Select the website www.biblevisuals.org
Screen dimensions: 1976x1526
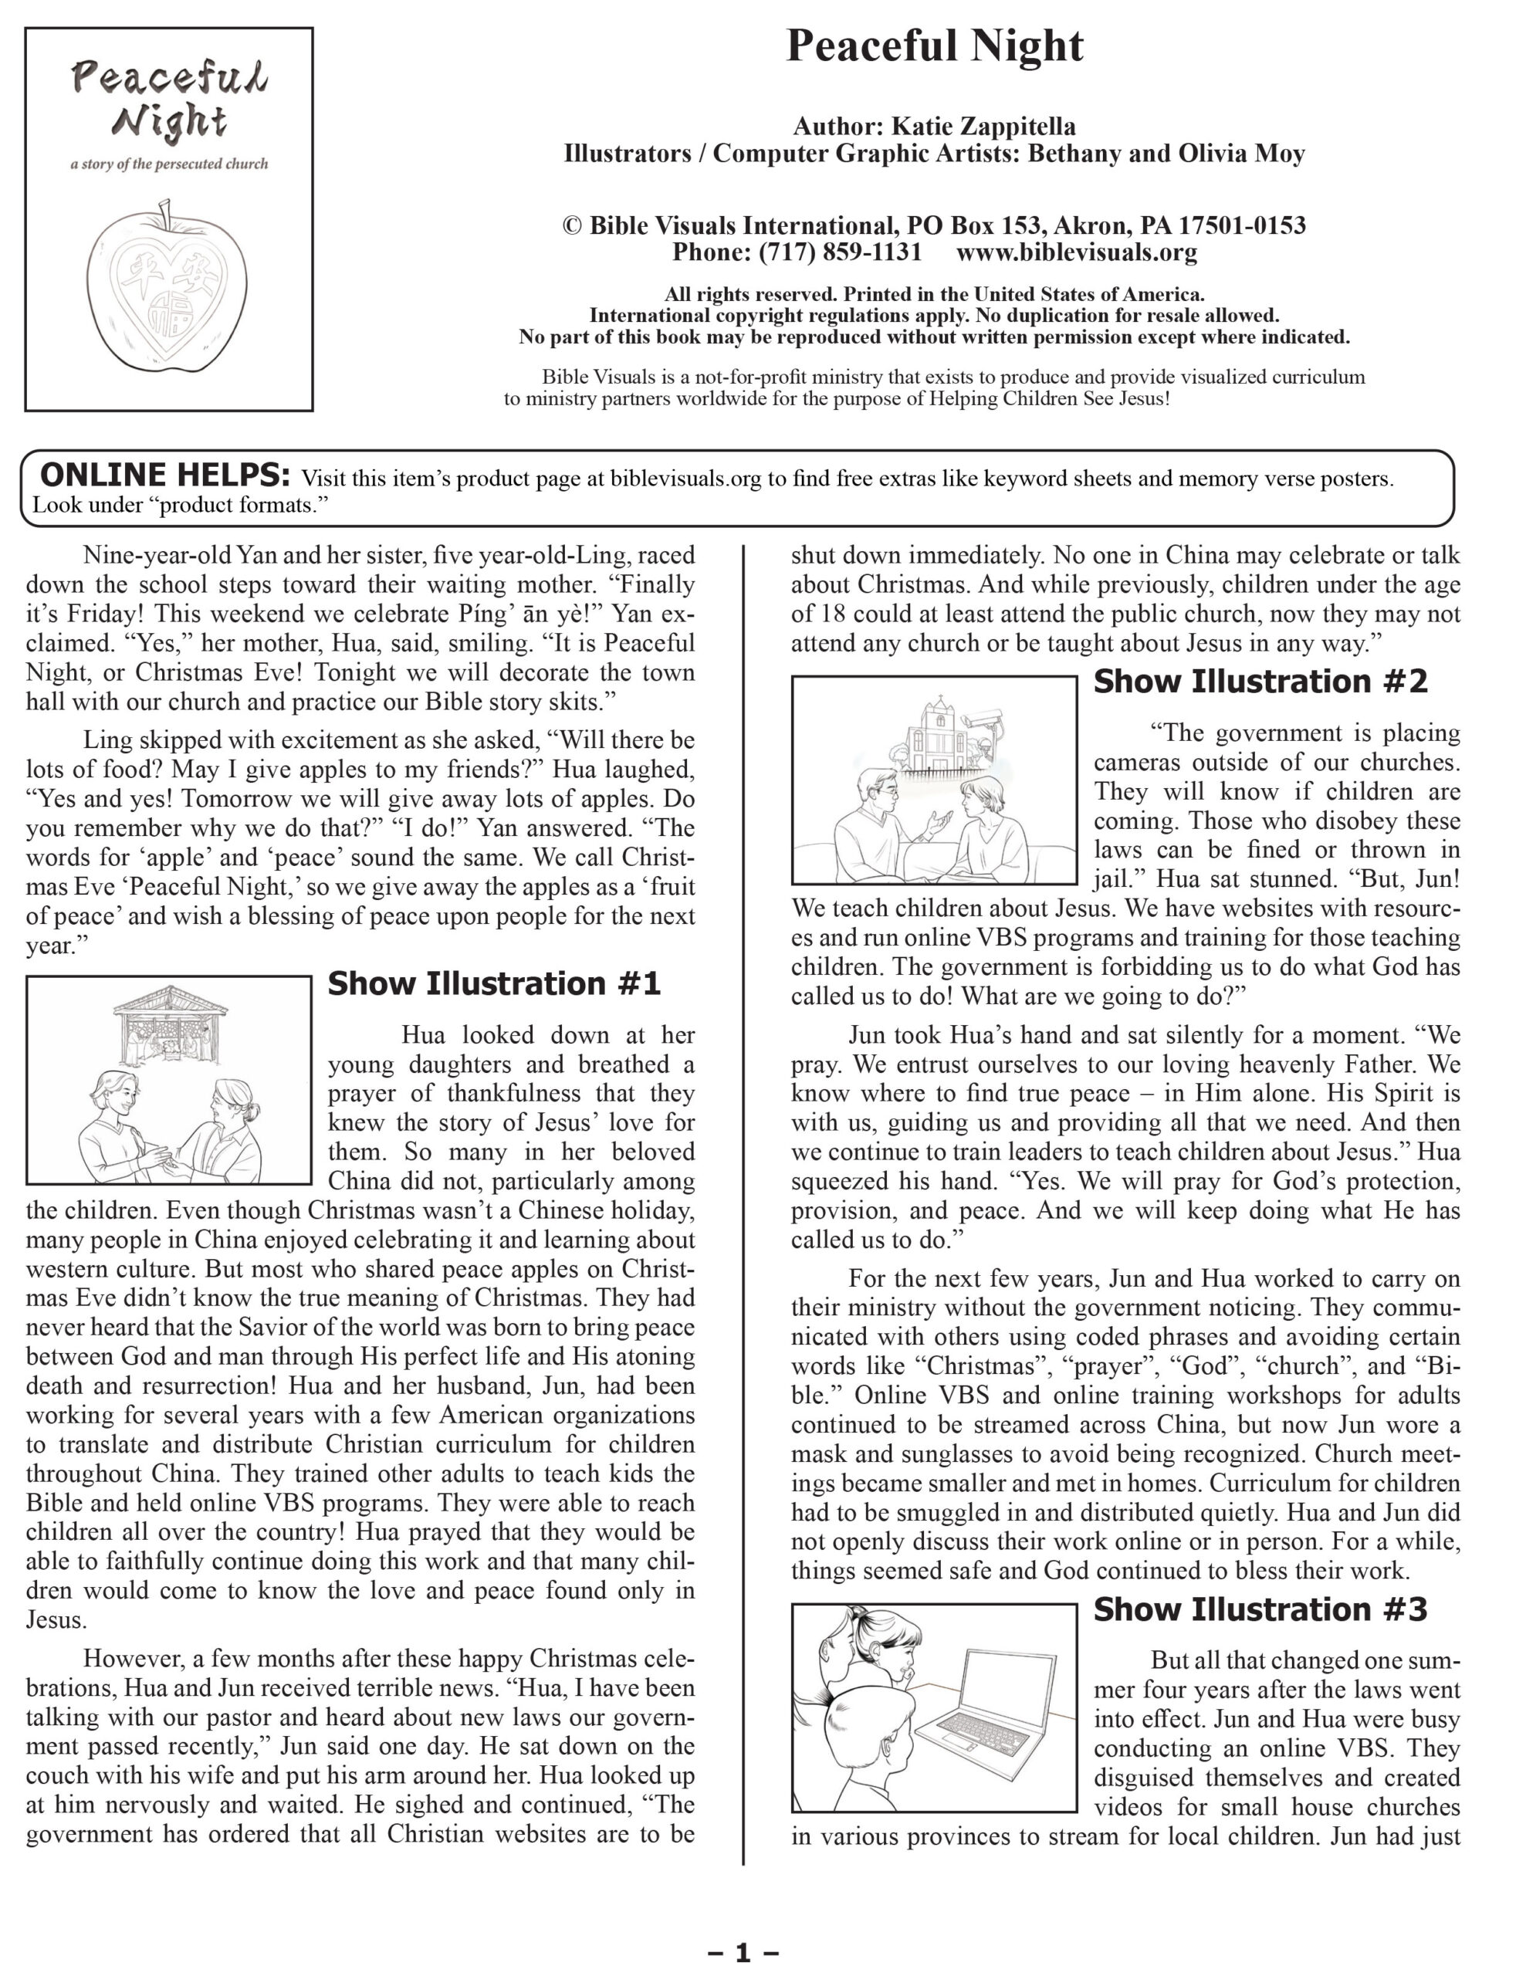(x=1077, y=252)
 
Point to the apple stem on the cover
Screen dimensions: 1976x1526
(x=164, y=215)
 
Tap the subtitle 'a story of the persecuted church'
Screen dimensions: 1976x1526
(x=169, y=164)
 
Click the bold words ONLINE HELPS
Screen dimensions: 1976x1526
(x=165, y=475)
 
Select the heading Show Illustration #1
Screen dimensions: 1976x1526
(x=494, y=983)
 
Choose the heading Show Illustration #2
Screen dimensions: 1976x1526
(x=1260, y=682)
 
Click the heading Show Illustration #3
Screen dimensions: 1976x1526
(x=1260, y=1609)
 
